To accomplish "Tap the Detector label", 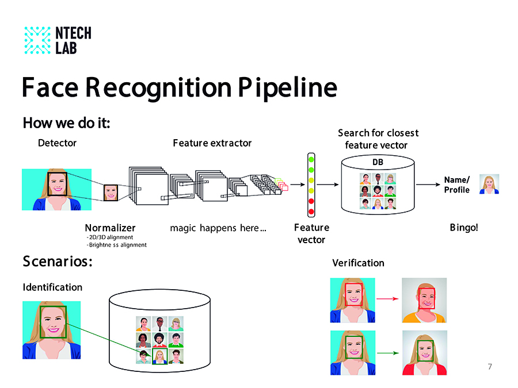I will click(x=57, y=143).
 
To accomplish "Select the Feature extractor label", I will click(x=212, y=143).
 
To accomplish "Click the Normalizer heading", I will click(x=110, y=228).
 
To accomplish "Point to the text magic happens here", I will click(x=218, y=228).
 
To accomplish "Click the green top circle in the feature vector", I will click(x=311, y=160).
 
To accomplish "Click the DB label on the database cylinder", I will click(x=377, y=162).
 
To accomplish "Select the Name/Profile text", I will click(x=457, y=185).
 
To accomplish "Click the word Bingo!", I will click(x=464, y=228).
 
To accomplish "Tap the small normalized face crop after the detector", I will click(x=111, y=192).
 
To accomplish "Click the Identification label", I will click(x=52, y=287).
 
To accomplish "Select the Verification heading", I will click(x=358, y=263).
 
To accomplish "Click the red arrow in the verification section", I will click(x=388, y=299).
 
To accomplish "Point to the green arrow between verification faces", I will click(x=388, y=352).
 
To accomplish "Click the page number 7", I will click(x=490, y=367).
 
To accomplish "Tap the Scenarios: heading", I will click(x=58, y=262).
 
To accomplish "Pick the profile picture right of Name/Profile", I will click(x=489, y=184).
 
